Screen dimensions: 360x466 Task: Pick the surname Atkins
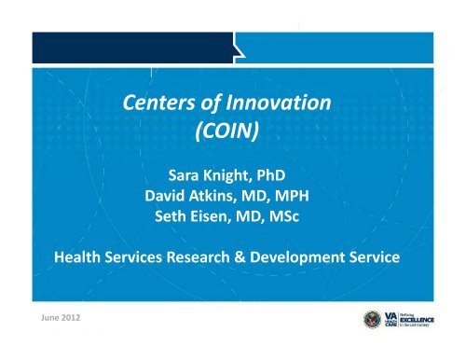[217, 195]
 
